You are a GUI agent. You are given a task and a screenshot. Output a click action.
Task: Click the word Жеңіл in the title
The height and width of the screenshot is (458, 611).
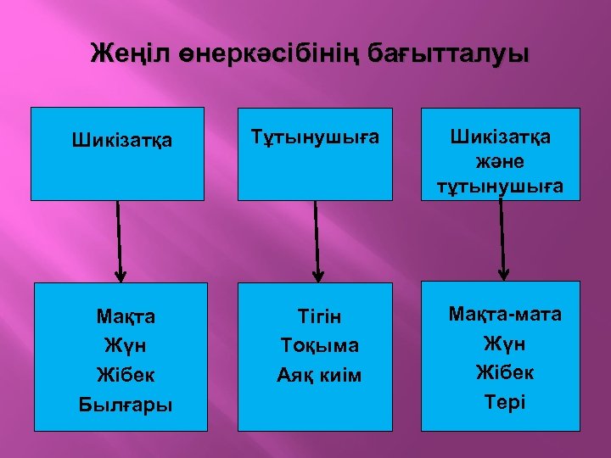[126, 55]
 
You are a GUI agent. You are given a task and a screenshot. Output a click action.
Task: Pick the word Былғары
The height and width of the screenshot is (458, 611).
[126, 404]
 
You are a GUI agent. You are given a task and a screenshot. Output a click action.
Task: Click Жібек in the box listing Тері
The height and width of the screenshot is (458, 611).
[504, 372]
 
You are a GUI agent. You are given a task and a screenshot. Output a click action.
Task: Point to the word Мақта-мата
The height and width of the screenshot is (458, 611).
[504, 315]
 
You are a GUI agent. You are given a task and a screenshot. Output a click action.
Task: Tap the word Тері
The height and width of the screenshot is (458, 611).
[504, 401]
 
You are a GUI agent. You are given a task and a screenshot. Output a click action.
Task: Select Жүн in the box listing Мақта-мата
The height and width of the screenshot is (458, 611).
[504, 343]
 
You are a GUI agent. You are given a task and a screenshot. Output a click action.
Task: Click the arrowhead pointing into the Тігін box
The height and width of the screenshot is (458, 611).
[318, 275]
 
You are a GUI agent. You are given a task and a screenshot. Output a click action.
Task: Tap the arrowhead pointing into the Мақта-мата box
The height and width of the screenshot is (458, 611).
[503, 274]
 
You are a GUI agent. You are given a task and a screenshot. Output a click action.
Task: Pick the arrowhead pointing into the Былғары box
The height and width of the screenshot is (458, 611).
[121, 275]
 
